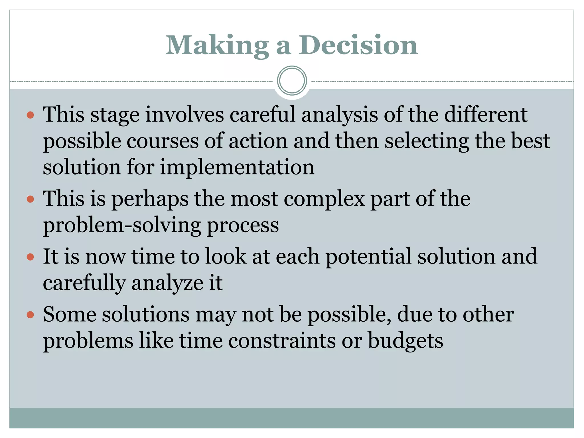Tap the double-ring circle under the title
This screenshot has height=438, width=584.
pos(292,81)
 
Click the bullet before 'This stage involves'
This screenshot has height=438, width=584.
pos(30,115)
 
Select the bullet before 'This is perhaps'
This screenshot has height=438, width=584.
pos(30,199)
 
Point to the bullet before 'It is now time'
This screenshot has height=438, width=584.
pos(30,257)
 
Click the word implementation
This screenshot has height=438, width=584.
pos(237,167)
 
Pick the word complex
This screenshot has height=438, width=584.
pos(324,199)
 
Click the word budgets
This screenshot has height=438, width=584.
pos(405,341)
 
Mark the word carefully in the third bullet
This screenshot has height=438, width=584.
pos(84,283)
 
